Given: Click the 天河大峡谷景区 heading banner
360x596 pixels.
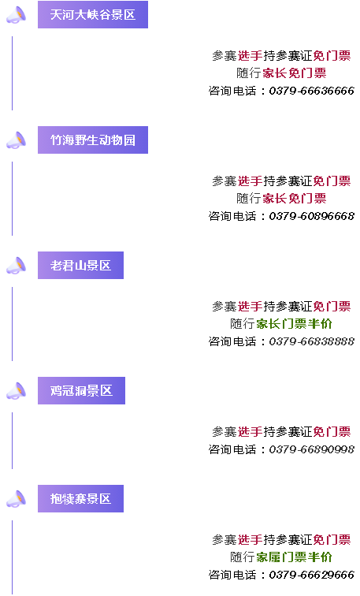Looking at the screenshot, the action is coord(93,14).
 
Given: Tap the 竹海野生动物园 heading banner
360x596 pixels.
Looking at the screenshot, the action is coord(93,140).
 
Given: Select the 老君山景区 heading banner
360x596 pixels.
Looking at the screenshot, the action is coord(80,266).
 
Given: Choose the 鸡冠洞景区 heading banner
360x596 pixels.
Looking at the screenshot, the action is coord(81,391).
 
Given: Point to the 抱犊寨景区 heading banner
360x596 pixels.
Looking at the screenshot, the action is coord(80,499).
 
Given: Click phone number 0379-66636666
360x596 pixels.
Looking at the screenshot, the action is coord(311,91).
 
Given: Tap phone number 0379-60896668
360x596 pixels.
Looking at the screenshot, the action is coord(311,216).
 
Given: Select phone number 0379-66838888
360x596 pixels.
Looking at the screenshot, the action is coord(311,341).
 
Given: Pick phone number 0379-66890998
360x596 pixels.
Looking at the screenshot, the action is coord(311,449).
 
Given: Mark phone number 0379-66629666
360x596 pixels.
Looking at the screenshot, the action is coord(311,575).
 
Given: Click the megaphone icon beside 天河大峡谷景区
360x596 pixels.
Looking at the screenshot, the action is coord(17,15).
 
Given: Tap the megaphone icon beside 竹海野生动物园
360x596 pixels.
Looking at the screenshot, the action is coord(17,140).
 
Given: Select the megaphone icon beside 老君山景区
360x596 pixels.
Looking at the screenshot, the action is coord(17,266).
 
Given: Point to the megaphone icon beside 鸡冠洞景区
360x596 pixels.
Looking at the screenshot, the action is coord(17,391).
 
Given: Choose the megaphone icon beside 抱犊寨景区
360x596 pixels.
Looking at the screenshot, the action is coord(17,499).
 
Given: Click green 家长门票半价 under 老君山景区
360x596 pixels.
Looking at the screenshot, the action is coord(294,324).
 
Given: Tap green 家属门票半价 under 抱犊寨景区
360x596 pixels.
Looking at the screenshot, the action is coord(294,557).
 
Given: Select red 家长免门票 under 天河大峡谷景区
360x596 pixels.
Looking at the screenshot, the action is coord(295,73).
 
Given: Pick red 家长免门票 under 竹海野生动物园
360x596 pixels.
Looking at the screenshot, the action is coord(295,199).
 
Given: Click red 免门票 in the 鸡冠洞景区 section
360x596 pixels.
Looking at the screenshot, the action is coord(332,432).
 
